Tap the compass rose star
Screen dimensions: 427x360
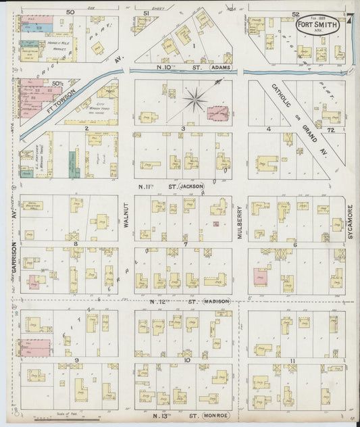(x=195, y=101)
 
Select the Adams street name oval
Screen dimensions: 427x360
(x=221, y=69)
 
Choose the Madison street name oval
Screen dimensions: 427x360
(x=217, y=301)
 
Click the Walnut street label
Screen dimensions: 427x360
(x=125, y=214)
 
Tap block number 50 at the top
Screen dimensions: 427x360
(x=70, y=12)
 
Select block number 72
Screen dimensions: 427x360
(x=331, y=128)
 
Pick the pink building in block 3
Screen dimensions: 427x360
(x=217, y=114)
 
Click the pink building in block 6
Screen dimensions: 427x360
(x=260, y=277)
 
